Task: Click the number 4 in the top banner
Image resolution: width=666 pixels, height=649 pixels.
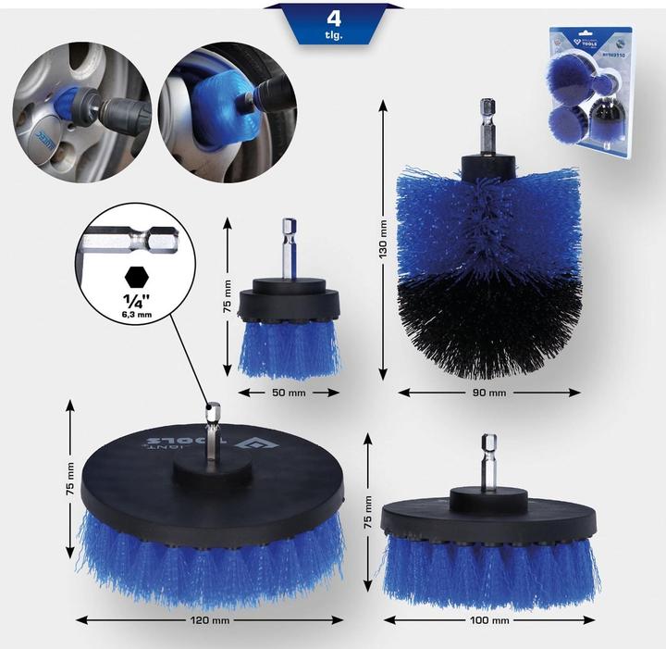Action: [332, 17]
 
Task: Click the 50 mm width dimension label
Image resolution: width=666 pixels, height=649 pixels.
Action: [288, 393]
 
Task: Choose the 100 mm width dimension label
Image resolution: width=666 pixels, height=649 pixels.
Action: [489, 619]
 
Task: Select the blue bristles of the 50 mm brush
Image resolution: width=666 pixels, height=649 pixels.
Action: [288, 347]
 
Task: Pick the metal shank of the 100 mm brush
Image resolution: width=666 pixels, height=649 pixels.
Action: [488, 463]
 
